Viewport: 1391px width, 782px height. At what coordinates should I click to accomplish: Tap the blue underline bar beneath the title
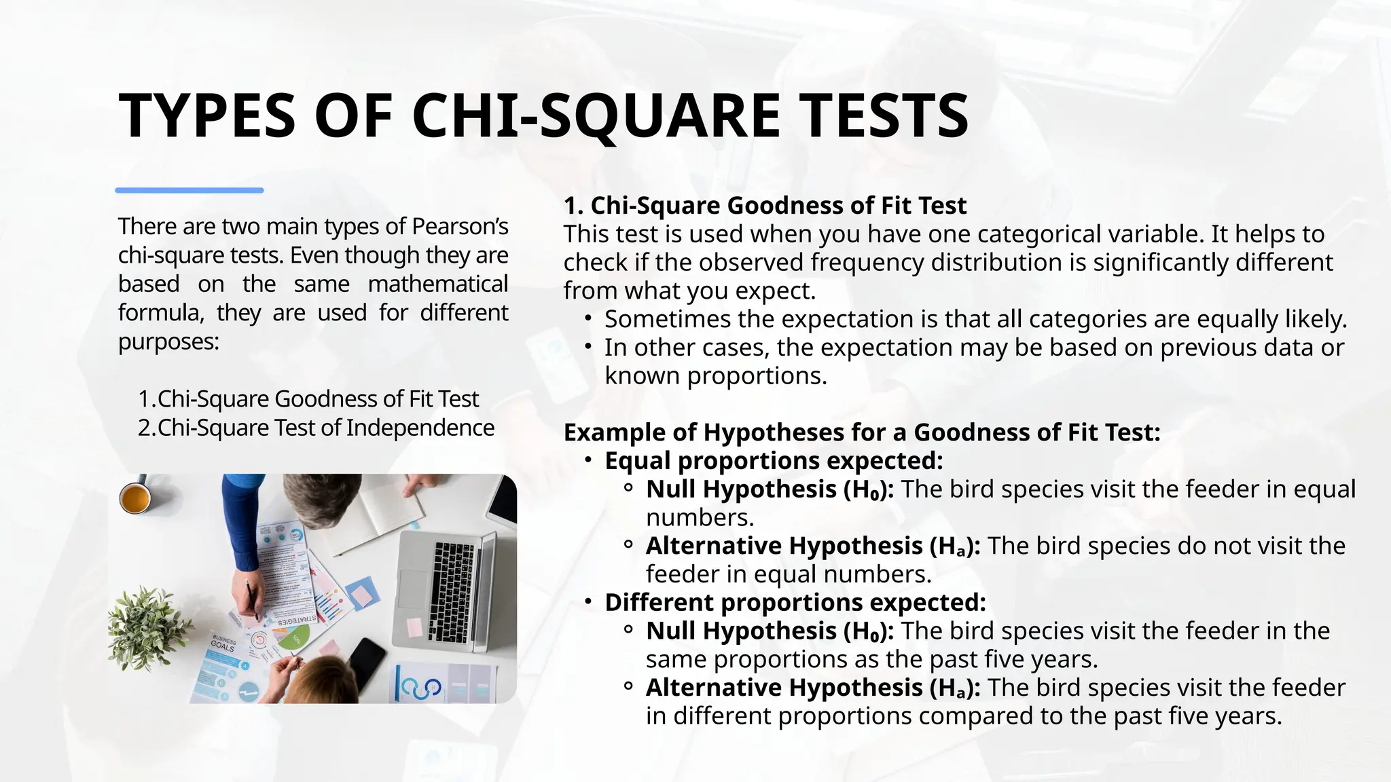point(189,191)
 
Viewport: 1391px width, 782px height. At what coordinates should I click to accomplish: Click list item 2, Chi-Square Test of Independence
point(317,428)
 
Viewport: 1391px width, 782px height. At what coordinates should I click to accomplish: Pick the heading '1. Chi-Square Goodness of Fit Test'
point(765,205)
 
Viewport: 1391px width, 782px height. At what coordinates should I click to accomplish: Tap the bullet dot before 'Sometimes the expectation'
point(589,318)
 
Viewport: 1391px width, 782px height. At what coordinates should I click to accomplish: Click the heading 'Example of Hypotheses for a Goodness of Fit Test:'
point(862,432)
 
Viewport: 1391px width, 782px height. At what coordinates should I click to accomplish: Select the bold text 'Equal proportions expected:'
point(774,461)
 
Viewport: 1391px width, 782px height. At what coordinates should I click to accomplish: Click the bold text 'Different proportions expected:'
point(795,603)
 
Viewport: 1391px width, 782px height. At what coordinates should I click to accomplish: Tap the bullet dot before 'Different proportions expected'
point(589,602)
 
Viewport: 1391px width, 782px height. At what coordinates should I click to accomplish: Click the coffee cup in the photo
point(135,499)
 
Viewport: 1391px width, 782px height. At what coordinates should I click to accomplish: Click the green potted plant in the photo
point(146,628)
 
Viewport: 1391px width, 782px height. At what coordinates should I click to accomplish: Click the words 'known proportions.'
point(716,376)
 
